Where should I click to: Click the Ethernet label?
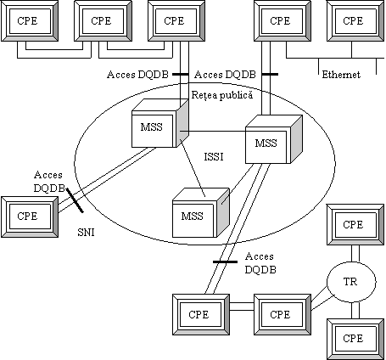341,75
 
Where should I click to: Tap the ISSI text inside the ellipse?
214,156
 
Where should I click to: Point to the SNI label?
86,233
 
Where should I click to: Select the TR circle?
351,282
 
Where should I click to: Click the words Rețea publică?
222,95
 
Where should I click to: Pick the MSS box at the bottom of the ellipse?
201,212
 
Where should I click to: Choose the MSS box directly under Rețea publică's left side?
160,123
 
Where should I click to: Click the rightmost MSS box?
273,139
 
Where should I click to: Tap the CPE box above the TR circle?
355,225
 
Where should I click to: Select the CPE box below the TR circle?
355,339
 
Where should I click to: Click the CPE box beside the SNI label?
30,217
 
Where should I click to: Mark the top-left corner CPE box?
30,20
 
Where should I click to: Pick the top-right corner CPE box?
355,20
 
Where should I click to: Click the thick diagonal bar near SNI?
75,200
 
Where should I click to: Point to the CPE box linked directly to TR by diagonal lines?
283,314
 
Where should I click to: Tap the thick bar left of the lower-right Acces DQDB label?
225,262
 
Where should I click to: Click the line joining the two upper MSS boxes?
213,132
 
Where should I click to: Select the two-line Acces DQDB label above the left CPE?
48,182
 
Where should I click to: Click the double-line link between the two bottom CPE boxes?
242,307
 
